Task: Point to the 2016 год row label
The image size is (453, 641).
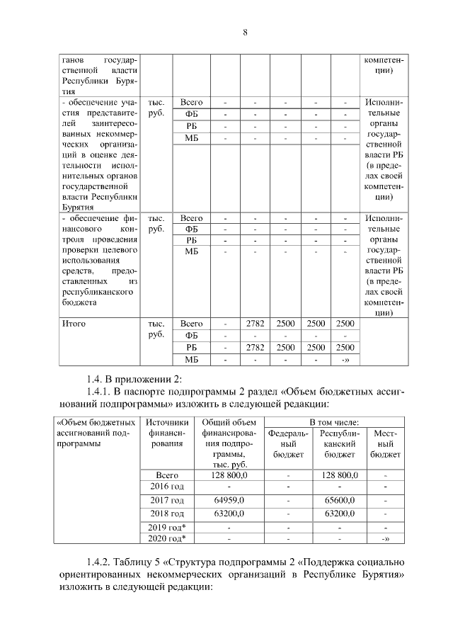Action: [167, 487]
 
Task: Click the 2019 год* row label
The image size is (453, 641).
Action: [168, 528]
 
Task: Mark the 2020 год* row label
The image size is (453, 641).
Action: [168, 539]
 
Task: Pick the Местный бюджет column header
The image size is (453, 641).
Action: [384, 443]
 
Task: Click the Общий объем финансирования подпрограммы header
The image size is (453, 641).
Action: [228, 443]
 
